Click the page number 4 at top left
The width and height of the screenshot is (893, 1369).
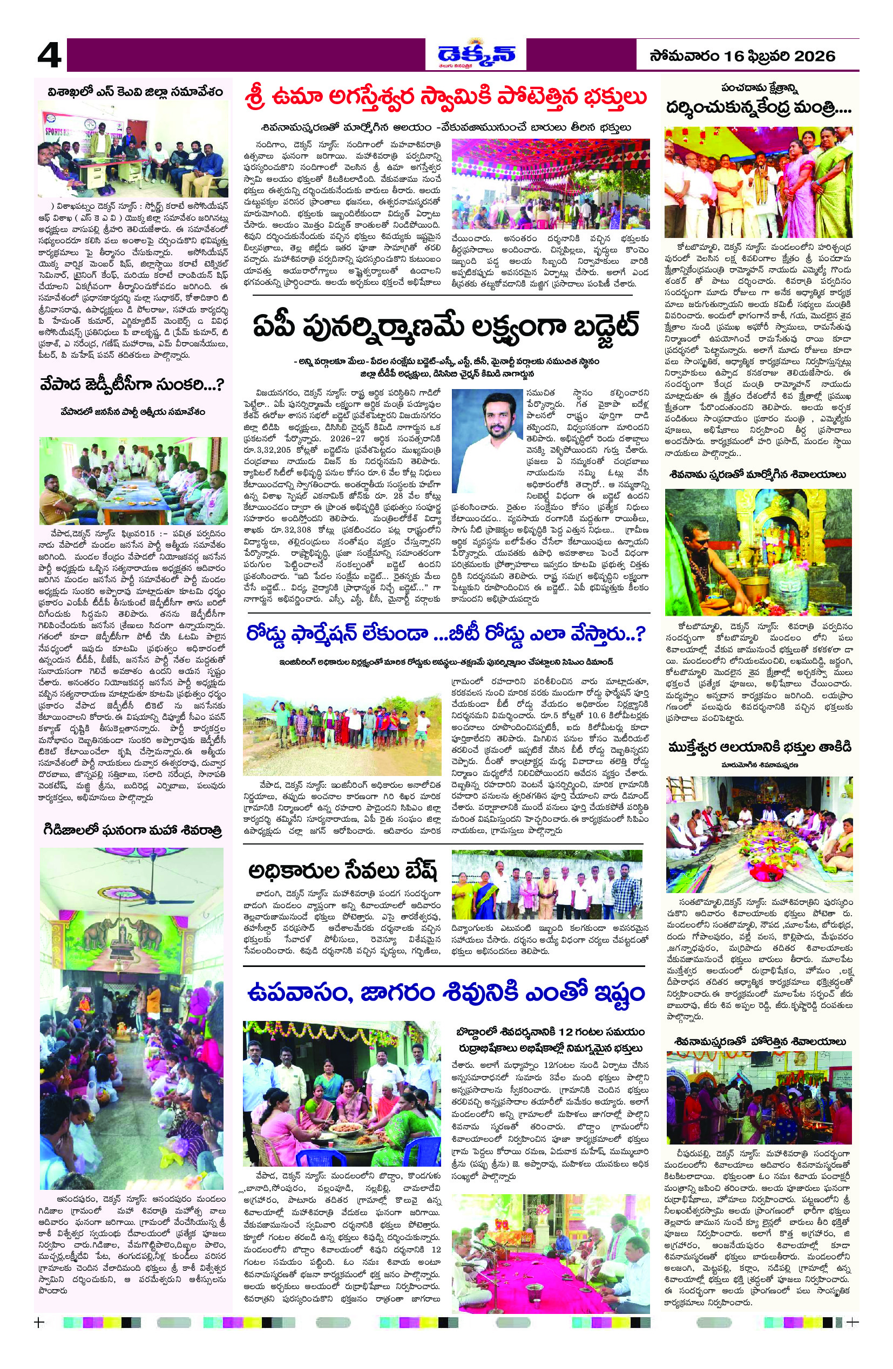[x=49, y=58]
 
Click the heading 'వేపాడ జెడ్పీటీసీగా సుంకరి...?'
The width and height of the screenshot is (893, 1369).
[x=132, y=385]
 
